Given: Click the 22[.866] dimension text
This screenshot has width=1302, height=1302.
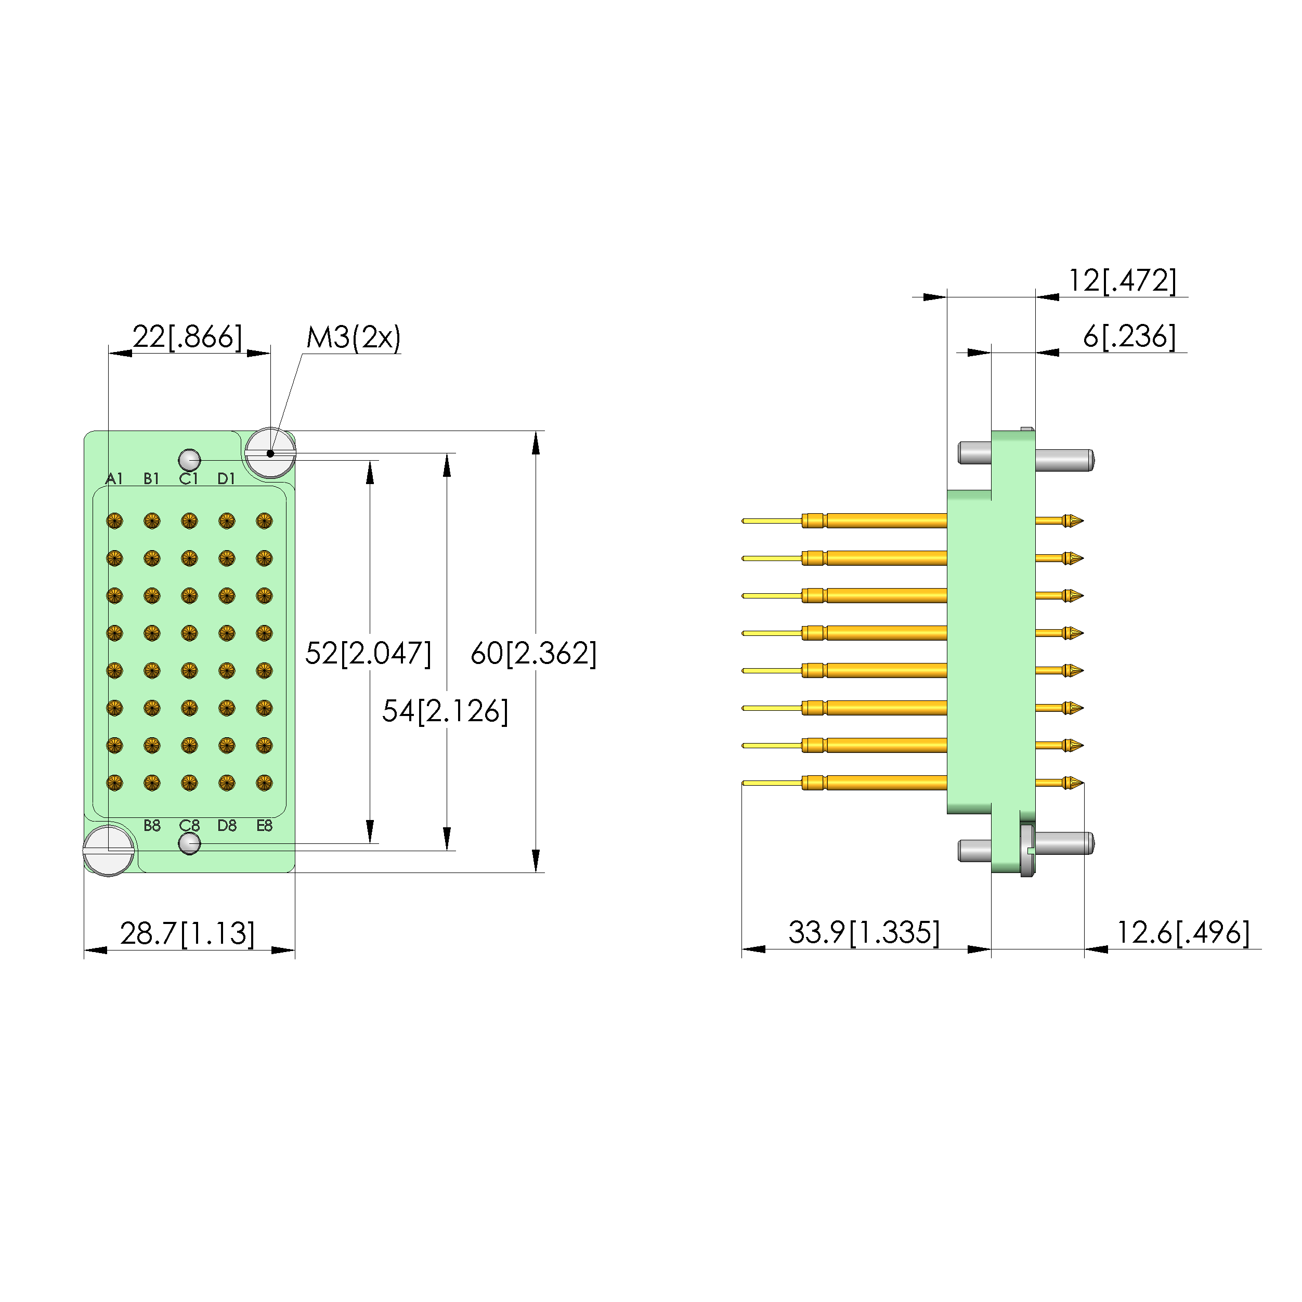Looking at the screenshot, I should (187, 336).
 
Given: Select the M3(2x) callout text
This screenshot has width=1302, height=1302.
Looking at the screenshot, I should (353, 337).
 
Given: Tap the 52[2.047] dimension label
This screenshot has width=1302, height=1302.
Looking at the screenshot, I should (368, 653).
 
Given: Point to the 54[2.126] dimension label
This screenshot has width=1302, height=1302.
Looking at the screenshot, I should (445, 711).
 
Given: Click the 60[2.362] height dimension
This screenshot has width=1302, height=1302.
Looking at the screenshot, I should (533, 653).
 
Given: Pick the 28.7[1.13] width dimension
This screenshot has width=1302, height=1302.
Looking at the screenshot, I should (187, 933).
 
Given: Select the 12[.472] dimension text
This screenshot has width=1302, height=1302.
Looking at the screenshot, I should (1122, 280).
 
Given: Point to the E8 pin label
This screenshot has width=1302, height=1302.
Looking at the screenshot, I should (264, 826).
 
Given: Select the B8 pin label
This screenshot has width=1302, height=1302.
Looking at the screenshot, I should (152, 826).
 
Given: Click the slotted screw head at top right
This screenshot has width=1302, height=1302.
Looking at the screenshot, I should (270, 453).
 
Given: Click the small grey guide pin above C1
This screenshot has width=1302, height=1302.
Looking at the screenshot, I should (189, 460).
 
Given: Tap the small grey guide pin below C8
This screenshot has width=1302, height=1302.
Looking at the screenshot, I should (189, 843).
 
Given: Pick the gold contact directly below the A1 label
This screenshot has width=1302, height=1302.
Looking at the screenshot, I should (114, 521).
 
